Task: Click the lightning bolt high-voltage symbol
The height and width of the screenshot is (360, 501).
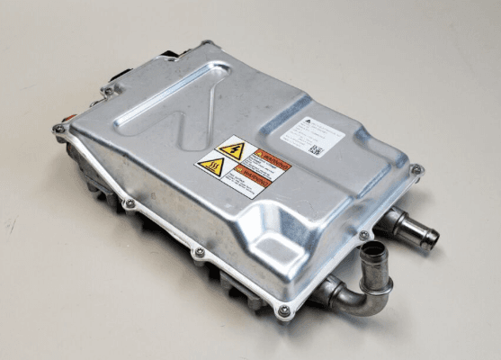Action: point(231,150)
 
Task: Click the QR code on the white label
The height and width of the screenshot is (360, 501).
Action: point(315,149)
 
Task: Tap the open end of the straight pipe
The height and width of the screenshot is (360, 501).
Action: point(432,238)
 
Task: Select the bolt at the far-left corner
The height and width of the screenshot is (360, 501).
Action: point(59,129)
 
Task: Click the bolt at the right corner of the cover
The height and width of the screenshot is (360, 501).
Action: point(416,169)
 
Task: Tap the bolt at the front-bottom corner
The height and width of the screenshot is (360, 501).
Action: point(284,310)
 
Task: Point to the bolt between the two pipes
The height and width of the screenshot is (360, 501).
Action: point(363,236)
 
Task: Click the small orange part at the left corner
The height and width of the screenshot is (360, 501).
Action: point(66,116)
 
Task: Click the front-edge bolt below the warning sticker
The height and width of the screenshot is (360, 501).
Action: point(199,253)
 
